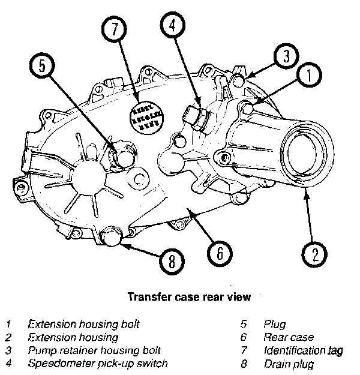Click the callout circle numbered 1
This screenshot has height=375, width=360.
[x=308, y=76]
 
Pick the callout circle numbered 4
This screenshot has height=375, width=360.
[x=172, y=26]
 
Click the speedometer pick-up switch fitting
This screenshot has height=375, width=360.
[x=196, y=117]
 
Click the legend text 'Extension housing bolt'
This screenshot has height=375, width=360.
[x=83, y=324]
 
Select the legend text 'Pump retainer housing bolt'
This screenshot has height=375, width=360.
[x=94, y=350]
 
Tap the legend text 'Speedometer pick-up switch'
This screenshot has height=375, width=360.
[x=97, y=364]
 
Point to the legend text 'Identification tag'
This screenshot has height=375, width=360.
[x=303, y=350]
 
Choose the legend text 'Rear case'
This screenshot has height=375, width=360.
[x=288, y=337]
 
